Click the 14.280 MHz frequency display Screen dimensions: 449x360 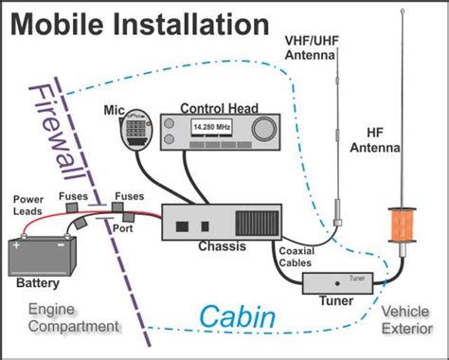point(211,128)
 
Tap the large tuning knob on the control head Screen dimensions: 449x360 point(264,129)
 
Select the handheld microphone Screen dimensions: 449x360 point(136,130)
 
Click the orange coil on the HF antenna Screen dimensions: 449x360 point(402,225)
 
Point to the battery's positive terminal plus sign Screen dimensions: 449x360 point(16,245)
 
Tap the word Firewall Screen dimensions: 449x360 point(57,134)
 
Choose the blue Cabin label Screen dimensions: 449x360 point(238,316)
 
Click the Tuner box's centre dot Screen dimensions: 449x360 point(337,283)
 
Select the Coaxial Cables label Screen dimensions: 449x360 point(296,257)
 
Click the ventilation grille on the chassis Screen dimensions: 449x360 point(257,224)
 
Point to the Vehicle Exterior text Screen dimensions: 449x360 point(406,320)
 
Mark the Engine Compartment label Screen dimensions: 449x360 point(74,317)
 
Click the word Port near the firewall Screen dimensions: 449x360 point(123,228)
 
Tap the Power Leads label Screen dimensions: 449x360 point(27,206)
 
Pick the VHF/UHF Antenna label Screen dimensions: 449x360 point(312,48)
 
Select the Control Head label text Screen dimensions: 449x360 point(219,108)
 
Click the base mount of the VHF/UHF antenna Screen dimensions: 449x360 point(337,223)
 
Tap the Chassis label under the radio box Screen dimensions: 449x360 point(222,246)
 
